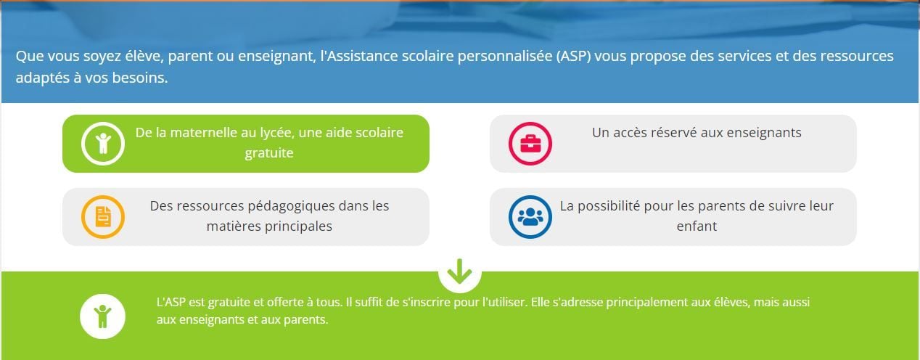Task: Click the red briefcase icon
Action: coord(530,144)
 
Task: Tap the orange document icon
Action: coord(103,216)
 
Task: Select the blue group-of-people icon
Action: coord(530,216)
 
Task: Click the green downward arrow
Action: coord(459,271)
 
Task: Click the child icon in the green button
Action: coord(103,144)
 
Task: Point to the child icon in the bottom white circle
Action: coord(102,316)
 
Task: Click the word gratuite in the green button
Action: coord(269,153)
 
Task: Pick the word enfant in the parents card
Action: coord(697,226)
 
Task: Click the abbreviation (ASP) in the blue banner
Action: coord(573,56)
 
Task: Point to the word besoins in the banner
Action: coord(139,78)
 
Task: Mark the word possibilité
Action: coord(609,206)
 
